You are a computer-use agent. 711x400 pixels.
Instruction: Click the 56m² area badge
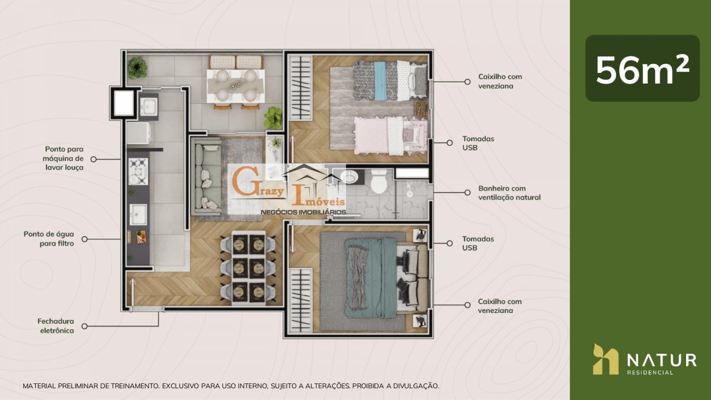642,68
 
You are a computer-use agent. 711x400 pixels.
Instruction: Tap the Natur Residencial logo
645,359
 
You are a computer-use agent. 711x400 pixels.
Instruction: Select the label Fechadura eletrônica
56,326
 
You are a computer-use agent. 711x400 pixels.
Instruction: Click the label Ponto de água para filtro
49,239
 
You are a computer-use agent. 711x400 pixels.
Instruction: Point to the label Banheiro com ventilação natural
509,193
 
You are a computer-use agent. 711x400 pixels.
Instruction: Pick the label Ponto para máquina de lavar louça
63,158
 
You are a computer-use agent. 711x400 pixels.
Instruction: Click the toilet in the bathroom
379,181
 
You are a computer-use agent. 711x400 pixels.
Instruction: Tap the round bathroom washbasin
349,177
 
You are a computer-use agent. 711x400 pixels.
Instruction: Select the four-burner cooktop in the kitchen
138,171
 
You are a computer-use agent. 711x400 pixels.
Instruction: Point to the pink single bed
390,136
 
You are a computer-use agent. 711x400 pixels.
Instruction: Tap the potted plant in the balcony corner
137,68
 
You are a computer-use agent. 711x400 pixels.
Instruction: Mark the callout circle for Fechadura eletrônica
84,326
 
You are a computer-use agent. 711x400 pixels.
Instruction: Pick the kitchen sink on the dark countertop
138,215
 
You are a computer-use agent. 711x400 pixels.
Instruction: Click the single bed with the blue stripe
390,80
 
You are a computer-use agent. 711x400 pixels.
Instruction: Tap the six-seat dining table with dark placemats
248,268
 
